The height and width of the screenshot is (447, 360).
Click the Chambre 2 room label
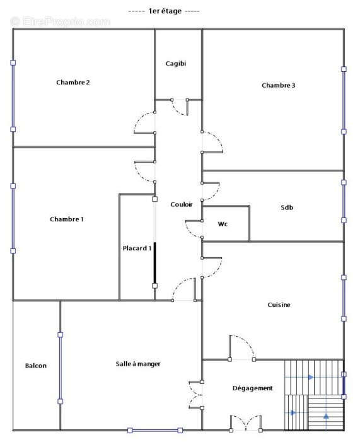pyautogui.click(x=73, y=83)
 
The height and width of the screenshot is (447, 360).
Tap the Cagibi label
pyautogui.click(x=175, y=64)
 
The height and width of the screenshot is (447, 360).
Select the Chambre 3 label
pyautogui.click(x=279, y=85)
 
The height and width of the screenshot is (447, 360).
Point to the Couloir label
pyautogui.click(x=182, y=204)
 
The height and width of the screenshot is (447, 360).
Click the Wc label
pyautogui.click(x=223, y=224)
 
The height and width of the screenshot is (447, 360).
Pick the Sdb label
pyautogui.click(x=287, y=207)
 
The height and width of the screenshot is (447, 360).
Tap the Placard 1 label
pyautogui.click(x=137, y=248)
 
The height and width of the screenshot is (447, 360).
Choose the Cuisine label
pyautogui.click(x=279, y=305)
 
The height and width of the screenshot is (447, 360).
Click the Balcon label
pyautogui.click(x=36, y=366)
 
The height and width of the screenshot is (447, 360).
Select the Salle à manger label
pyautogui.click(x=138, y=364)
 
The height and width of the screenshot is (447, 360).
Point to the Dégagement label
pyautogui.click(x=253, y=388)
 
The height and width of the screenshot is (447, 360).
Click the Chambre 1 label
pyautogui.click(x=67, y=219)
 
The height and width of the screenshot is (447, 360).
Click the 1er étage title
pyautogui.click(x=165, y=11)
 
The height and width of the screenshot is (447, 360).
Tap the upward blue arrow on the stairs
pyautogui.click(x=326, y=416)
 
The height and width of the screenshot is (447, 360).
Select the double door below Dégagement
pyautogui.click(x=246, y=423)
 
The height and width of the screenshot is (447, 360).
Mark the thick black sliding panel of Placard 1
pyautogui.click(x=154, y=263)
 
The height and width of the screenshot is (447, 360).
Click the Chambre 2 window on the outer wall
pyautogui.click(x=13, y=96)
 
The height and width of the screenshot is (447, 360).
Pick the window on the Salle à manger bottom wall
pyautogui.click(x=155, y=430)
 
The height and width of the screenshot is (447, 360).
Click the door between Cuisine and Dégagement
pyautogui.click(x=241, y=348)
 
